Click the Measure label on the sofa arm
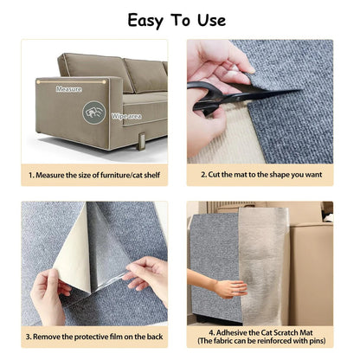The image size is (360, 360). coord(69,89)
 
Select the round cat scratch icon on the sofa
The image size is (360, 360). coord(93,112)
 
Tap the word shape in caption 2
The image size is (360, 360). coord(286,174)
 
